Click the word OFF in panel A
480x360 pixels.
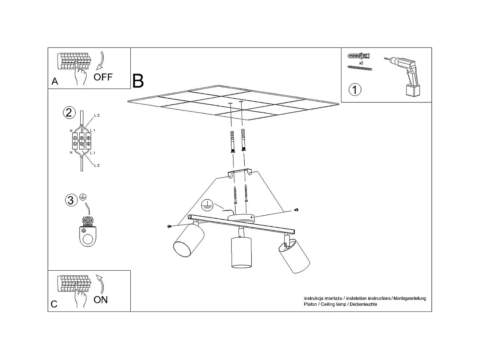[x=103, y=77]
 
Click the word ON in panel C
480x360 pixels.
[x=100, y=299]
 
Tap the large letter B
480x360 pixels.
[x=138, y=81]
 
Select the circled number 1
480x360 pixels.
[x=355, y=90]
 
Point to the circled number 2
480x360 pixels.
[x=69, y=113]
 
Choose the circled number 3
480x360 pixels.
[x=70, y=200]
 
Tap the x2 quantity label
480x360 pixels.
[x=361, y=63]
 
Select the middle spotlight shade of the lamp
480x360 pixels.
[x=241, y=252]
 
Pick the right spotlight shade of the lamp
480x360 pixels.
[x=295, y=256]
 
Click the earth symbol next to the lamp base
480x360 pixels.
[x=207, y=205]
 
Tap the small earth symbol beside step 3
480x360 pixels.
[x=83, y=197]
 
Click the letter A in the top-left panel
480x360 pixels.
[x=55, y=81]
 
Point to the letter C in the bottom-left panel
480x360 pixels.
[x=54, y=304]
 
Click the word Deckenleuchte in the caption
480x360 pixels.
[x=363, y=304]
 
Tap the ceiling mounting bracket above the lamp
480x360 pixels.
[x=239, y=173]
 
